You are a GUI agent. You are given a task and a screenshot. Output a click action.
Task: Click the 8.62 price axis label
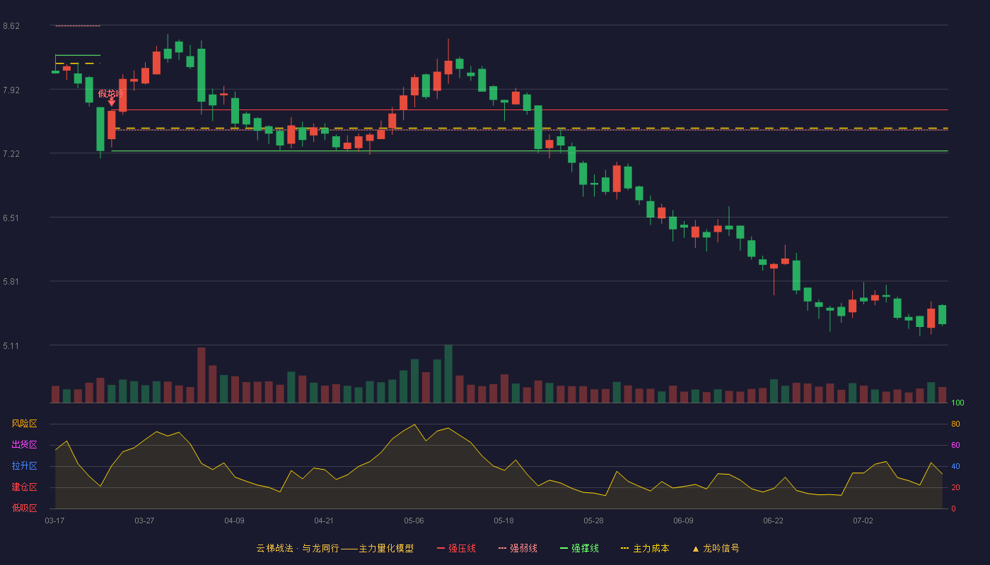pyautogui.click(x=11, y=26)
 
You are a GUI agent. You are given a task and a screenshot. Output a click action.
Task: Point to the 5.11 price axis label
pyautogui.click(x=11, y=345)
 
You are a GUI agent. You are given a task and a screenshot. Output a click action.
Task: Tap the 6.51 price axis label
pyautogui.click(x=11, y=218)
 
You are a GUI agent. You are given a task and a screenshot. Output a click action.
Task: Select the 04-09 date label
pyautogui.click(x=234, y=521)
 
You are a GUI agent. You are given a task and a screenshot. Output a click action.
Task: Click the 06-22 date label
pyautogui.click(x=773, y=521)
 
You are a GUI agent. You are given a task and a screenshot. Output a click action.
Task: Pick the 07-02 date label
pyautogui.click(x=863, y=521)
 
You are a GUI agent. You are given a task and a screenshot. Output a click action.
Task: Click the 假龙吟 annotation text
pyautogui.click(x=110, y=93)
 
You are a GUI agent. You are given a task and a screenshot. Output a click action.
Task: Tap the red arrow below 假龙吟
pyautogui.click(x=112, y=102)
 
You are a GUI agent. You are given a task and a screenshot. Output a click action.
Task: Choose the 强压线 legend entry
pyautogui.click(x=456, y=548)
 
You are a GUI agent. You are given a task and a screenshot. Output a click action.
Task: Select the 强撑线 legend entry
pyautogui.click(x=579, y=548)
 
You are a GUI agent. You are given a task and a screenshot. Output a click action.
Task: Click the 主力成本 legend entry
pyautogui.click(x=645, y=548)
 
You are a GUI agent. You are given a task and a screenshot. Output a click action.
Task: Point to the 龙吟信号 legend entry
pyautogui.click(x=716, y=548)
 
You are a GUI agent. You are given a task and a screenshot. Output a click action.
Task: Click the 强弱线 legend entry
pyautogui.click(x=518, y=548)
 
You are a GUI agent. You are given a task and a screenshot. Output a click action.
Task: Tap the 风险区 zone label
pyautogui.click(x=24, y=423)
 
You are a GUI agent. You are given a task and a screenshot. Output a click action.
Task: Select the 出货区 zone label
pyautogui.click(x=24, y=444)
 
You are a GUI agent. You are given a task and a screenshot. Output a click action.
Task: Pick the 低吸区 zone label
pyautogui.click(x=24, y=508)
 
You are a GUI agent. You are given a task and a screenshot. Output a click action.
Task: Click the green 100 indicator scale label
pyautogui.click(x=957, y=403)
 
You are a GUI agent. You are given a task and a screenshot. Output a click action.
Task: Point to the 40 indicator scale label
pyautogui.click(x=955, y=466)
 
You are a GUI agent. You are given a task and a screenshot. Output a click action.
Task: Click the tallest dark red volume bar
pyautogui.click(x=201, y=375)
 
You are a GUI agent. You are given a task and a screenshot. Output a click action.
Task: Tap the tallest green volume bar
pyautogui.click(x=448, y=374)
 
